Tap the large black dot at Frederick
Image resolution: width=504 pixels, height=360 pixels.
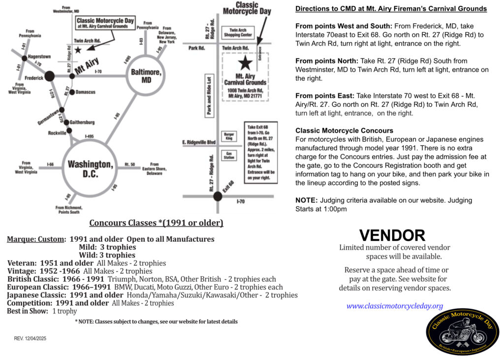click(49, 76)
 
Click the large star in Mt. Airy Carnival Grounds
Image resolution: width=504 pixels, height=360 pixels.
click(244, 63)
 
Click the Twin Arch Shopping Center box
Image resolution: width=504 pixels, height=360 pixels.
click(238, 33)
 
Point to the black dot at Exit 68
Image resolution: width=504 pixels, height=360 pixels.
click(218, 196)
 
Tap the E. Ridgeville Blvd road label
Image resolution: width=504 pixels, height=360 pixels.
click(199, 142)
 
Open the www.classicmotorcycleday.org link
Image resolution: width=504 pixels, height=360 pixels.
click(395, 306)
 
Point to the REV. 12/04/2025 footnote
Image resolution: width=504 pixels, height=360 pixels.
click(30, 338)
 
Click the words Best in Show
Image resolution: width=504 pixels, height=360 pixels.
click(28, 311)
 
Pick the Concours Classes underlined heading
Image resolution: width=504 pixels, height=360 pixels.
click(156, 223)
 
